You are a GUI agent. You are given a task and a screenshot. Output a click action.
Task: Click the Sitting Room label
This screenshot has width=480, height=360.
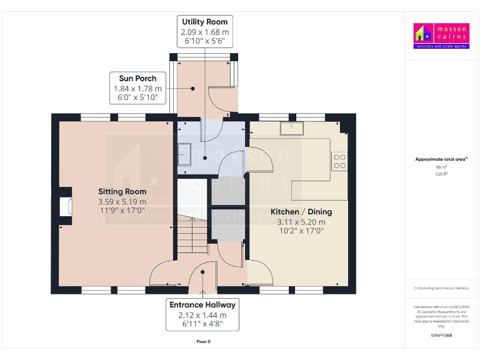point(122,191)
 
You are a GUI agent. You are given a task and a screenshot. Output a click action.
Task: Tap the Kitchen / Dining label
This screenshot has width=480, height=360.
point(301,212)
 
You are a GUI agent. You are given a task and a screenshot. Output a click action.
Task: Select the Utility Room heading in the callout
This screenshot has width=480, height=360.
point(204,22)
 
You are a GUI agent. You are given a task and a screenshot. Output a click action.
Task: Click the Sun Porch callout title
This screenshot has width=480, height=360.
point(137,78)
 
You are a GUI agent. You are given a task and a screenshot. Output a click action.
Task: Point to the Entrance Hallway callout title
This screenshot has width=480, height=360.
point(202,305)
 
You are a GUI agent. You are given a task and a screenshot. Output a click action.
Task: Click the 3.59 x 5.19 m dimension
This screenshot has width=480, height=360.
point(122,202)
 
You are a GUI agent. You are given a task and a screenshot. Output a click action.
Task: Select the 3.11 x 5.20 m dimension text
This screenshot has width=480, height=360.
point(301,222)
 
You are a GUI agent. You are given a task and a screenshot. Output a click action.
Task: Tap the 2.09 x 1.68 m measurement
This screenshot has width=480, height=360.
point(204,32)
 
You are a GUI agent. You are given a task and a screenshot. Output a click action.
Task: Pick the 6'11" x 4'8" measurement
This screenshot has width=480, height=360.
point(202,324)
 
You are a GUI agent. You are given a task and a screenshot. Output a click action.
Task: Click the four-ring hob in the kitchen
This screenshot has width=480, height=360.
point(340,161)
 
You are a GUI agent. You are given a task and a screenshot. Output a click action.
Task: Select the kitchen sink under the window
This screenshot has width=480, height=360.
point(291,128)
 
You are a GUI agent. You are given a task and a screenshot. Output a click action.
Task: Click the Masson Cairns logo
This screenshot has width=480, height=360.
point(441,36)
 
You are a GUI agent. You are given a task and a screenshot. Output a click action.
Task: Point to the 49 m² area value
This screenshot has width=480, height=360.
point(441,167)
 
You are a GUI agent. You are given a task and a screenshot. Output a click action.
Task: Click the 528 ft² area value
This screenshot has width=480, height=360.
point(441,174)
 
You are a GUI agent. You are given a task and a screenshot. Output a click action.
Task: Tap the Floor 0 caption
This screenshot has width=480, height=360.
point(203,342)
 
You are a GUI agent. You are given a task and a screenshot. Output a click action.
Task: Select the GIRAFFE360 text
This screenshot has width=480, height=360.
point(441,336)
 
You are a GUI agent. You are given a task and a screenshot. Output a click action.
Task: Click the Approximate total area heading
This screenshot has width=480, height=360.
point(441,159)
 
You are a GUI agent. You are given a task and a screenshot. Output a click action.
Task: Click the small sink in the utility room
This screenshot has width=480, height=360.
point(184,151)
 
